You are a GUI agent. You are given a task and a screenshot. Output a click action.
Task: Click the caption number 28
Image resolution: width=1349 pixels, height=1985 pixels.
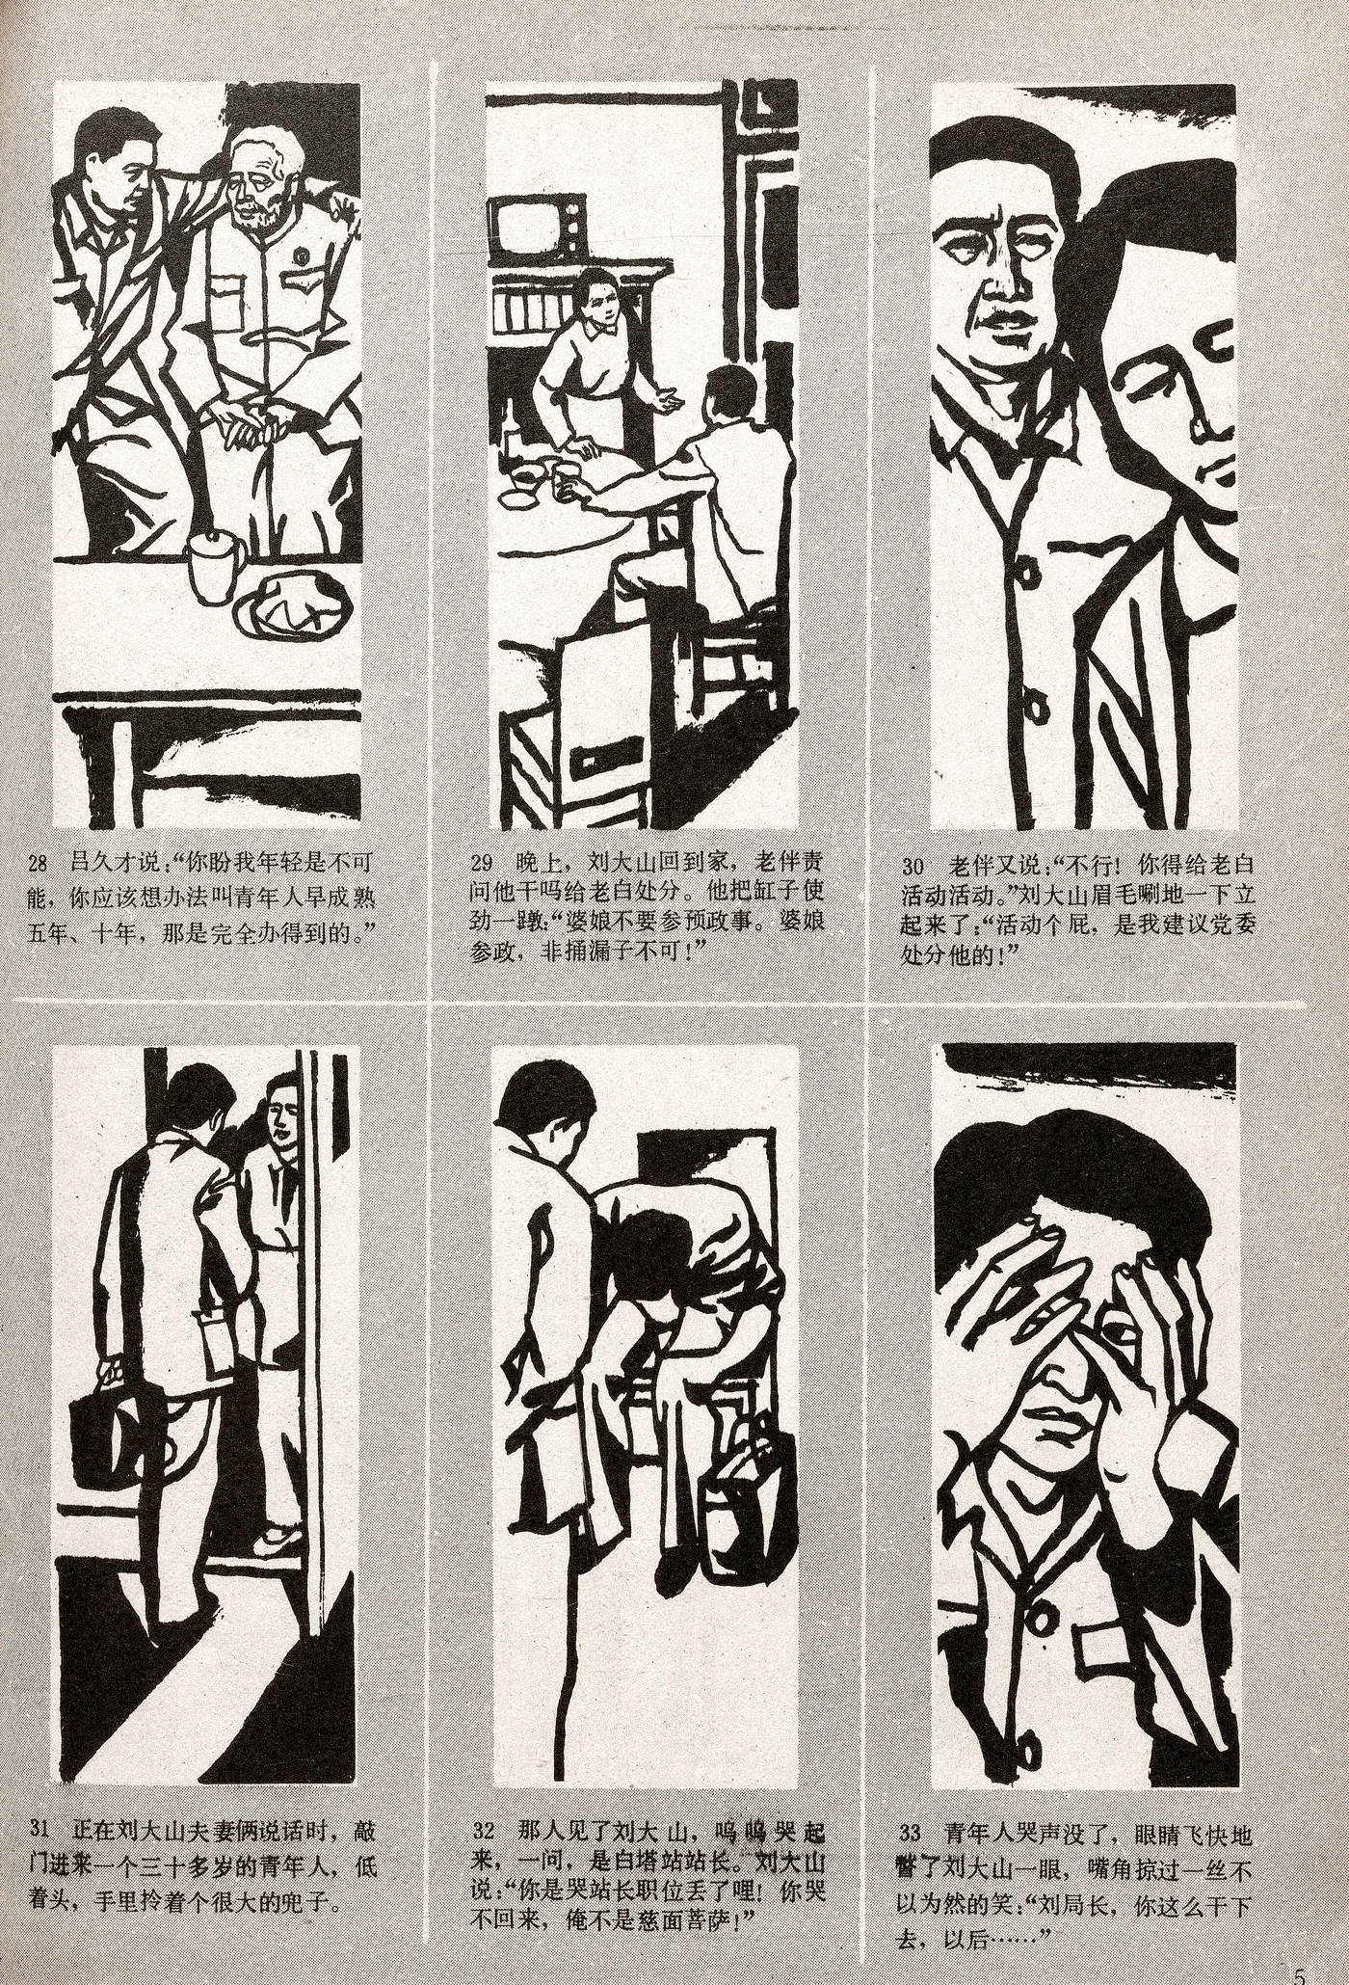[40, 861]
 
